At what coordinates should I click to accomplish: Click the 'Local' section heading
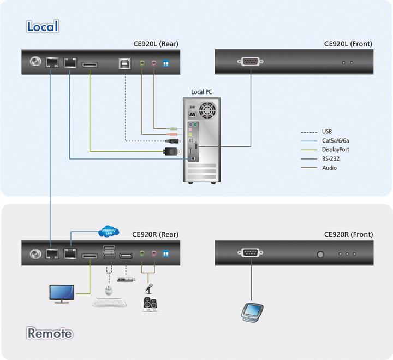coord(43,26)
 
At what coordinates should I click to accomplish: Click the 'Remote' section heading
coord(50,333)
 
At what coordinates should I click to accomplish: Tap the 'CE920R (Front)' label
coord(348,234)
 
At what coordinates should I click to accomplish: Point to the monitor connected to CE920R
coord(62,293)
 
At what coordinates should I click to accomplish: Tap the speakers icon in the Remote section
coord(150,304)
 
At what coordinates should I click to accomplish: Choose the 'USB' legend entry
coord(327,132)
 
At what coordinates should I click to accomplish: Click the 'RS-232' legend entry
coord(331,158)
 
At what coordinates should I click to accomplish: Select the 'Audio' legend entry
coord(329,168)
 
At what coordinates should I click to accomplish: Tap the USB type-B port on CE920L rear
coord(124,63)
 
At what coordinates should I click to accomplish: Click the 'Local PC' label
coord(201,92)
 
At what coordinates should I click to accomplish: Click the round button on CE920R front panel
coord(320,253)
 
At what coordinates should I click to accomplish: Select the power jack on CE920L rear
coord(37,62)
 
